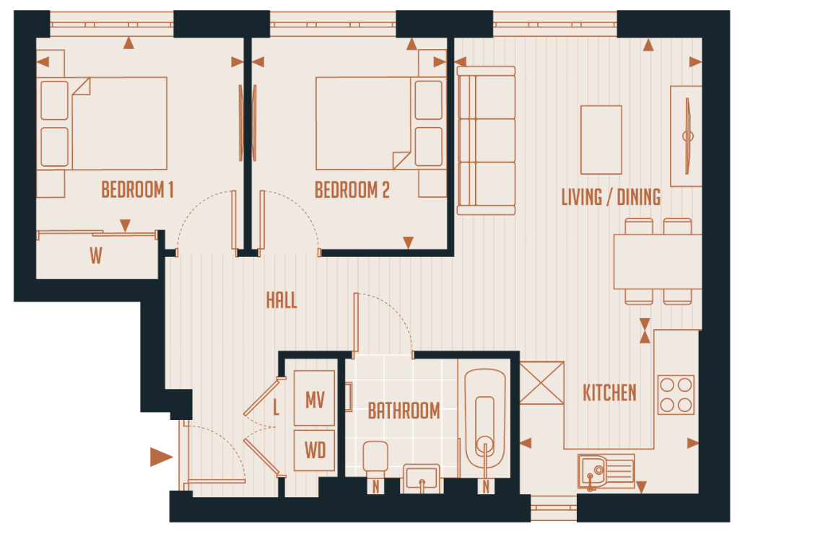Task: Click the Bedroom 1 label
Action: [137, 190]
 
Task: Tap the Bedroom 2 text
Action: [352, 190]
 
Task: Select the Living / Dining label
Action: [611, 197]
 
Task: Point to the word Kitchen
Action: [609, 393]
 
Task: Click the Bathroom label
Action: [404, 411]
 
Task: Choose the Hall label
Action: [282, 300]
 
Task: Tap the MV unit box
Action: [315, 399]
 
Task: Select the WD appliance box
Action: [315, 451]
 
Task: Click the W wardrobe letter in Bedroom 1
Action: [96, 256]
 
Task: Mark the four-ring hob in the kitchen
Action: [676, 395]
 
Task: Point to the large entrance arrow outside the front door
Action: [161, 457]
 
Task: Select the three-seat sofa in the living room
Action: [486, 141]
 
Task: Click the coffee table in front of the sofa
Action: [601, 140]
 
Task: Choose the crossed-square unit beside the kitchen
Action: [541, 383]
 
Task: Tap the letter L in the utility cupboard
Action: [276, 408]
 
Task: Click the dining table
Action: [657, 261]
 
